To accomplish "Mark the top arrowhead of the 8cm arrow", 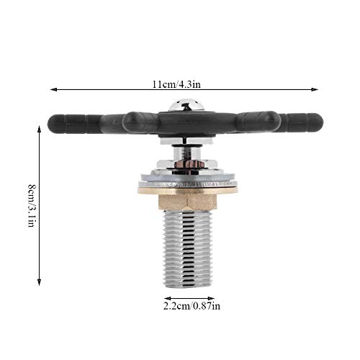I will [x=40, y=129].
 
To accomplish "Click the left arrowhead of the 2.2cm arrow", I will [x=167, y=297].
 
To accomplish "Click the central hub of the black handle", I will [x=186, y=124].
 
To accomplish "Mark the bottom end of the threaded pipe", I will [x=188, y=284].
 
